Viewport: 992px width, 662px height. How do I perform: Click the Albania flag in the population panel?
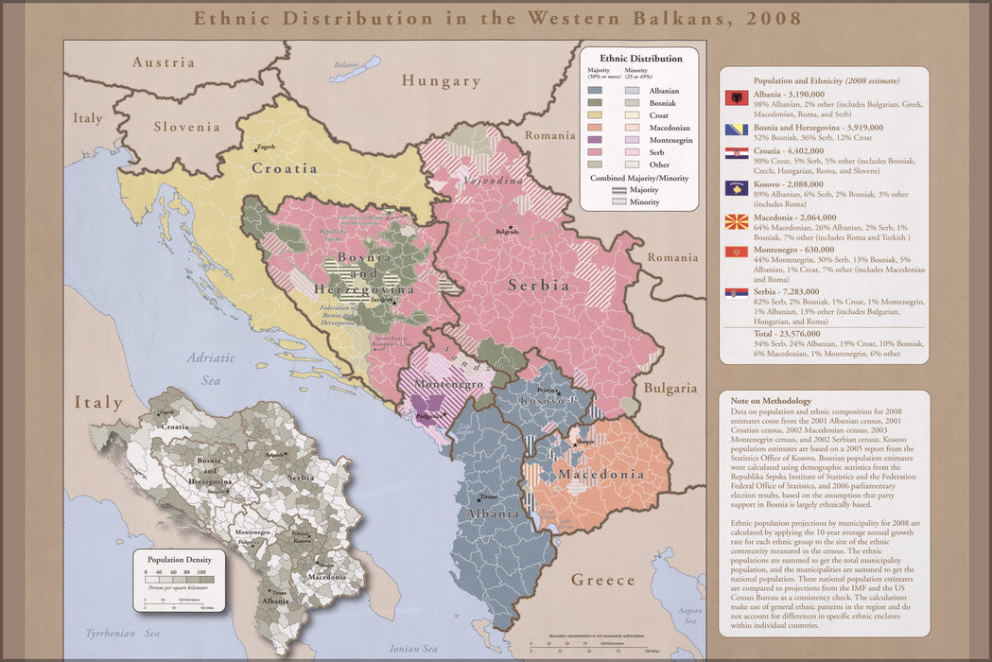737,98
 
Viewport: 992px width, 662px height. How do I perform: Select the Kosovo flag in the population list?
737,187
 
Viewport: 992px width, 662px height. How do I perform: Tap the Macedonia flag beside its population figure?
737,221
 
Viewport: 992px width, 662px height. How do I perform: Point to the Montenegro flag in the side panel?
737,253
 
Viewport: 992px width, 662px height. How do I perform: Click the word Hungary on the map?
441,81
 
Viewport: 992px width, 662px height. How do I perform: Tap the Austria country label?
163,62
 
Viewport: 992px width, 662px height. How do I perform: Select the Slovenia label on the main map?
186,127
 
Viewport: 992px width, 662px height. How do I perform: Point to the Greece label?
603,580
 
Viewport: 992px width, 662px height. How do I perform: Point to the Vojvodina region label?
489,180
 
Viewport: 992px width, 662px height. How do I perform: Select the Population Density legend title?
180,560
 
